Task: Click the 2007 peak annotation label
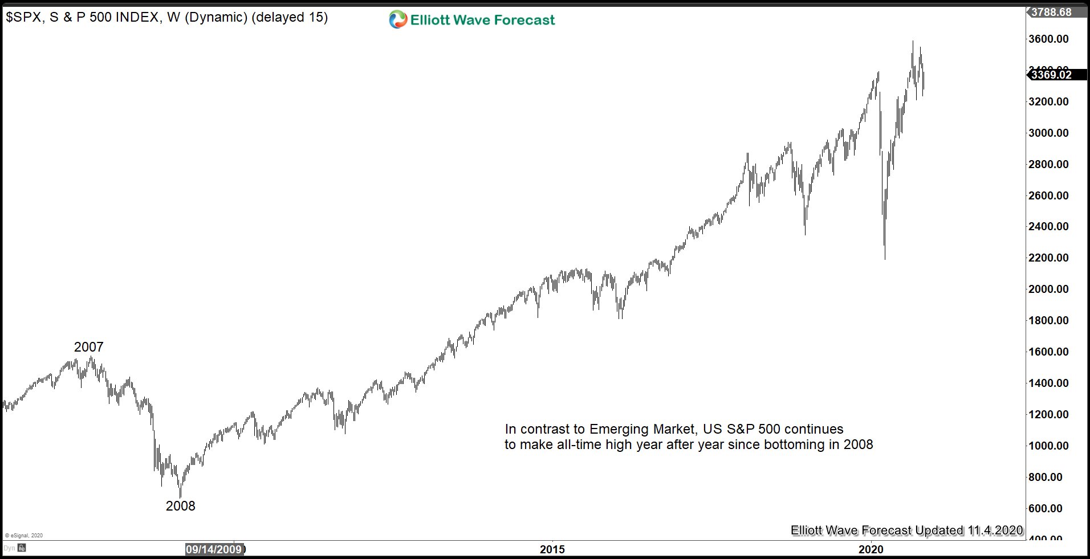tap(88, 346)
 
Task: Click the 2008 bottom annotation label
tap(180, 505)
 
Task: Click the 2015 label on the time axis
tap(552, 549)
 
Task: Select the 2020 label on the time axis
tap(871, 549)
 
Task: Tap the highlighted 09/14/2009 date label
tap(214, 549)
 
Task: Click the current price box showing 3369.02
tap(1051, 75)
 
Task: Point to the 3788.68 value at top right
tap(1051, 12)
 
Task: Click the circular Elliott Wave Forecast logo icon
tap(397, 20)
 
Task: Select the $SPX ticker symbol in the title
tap(24, 18)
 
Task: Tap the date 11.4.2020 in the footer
tap(995, 531)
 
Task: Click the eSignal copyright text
tap(23, 536)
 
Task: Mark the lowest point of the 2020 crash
tap(885, 259)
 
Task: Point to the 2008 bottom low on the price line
tap(181, 497)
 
